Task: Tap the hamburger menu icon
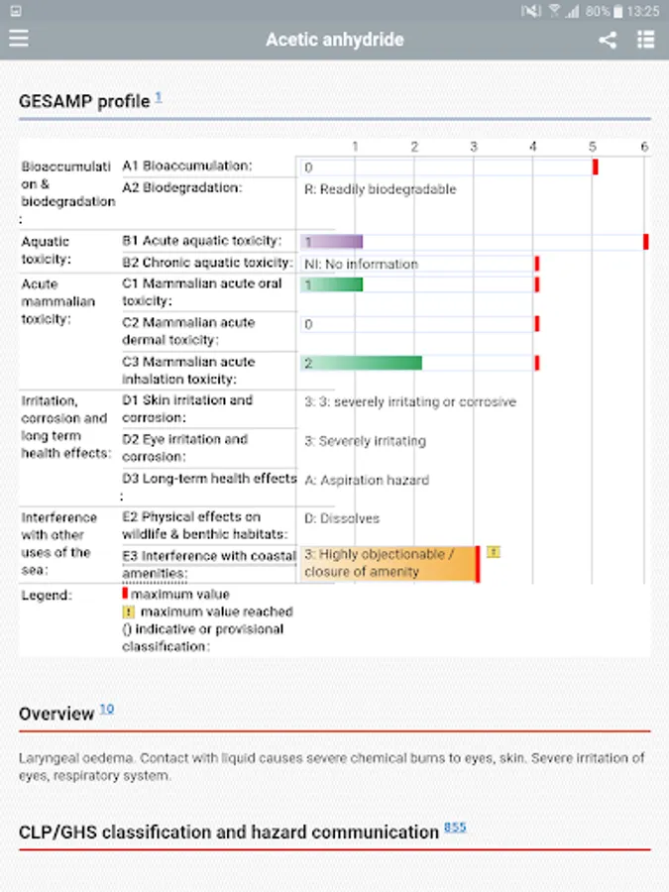tap(19, 40)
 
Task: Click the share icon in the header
tap(608, 41)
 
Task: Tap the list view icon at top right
tap(646, 41)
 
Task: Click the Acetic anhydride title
tap(334, 41)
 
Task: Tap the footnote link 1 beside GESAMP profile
tap(159, 98)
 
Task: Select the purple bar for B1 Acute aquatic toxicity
tap(332, 242)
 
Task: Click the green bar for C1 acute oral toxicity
tap(332, 284)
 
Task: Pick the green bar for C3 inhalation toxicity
tap(362, 363)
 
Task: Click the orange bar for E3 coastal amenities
tap(389, 563)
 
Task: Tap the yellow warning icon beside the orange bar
tap(493, 552)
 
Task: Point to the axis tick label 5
tap(593, 147)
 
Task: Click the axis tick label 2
tap(414, 147)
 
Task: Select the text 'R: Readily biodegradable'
tap(380, 188)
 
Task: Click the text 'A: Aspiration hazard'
tap(367, 480)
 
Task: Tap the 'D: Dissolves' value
tap(342, 518)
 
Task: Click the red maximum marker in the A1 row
tap(596, 167)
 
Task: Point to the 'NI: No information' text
tap(361, 264)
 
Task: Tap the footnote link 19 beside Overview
tap(107, 710)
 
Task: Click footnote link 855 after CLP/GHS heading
tap(455, 827)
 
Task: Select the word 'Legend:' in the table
tap(47, 595)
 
